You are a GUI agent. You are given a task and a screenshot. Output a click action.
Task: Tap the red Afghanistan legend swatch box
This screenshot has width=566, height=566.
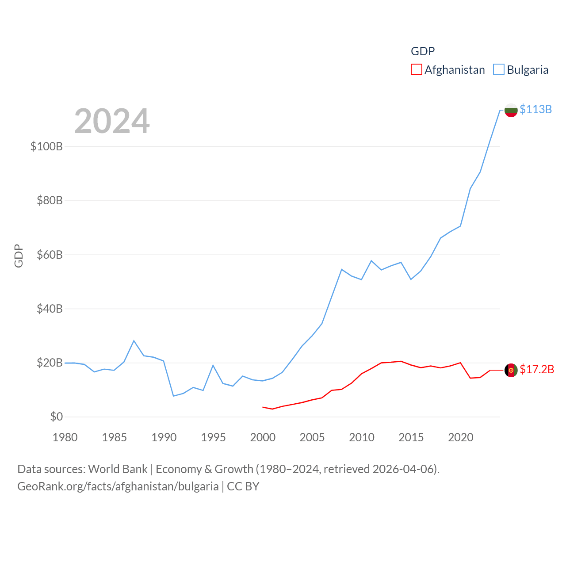pyautogui.click(x=417, y=70)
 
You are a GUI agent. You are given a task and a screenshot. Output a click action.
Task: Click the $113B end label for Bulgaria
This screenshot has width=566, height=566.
pyautogui.click(x=535, y=109)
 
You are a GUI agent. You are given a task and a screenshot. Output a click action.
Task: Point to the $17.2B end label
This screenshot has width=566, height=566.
pyautogui.click(x=537, y=369)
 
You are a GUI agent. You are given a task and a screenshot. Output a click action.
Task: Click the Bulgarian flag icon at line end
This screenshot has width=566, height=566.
pyautogui.click(x=511, y=110)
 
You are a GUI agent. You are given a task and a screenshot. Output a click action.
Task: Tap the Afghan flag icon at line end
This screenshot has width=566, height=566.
pyautogui.click(x=511, y=370)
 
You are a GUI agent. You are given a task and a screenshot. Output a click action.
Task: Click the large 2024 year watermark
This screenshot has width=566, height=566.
pyautogui.click(x=112, y=121)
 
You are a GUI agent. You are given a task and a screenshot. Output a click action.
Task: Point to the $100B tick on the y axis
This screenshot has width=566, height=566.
pyautogui.click(x=46, y=146)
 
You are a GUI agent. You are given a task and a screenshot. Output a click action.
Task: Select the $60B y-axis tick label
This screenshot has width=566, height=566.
pyautogui.click(x=50, y=255)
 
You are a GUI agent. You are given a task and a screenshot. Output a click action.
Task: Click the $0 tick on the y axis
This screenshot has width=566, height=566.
pyautogui.click(x=56, y=417)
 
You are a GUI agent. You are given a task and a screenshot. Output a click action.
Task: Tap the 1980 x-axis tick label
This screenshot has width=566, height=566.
pyautogui.click(x=65, y=437)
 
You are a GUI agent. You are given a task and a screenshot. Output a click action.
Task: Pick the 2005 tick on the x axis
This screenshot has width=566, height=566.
pyautogui.click(x=312, y=437)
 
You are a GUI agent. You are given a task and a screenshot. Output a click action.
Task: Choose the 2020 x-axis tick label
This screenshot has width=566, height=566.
pyautogui.click(x=460, y=437)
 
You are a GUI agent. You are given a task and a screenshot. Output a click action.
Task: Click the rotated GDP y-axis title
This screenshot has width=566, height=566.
pyautogui.click(x=19, y=256)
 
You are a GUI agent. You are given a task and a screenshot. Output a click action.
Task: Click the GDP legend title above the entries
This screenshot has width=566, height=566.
pyautogui.click(x=423, y=51)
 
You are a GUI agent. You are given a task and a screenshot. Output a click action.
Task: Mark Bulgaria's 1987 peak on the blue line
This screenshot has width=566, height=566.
pyautogui.click(x=134, y=340)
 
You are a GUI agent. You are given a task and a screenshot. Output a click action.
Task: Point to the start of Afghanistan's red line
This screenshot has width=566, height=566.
pyautogui.click(x=263, y=407)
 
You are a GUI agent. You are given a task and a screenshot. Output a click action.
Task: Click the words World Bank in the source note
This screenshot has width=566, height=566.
pyautogui.click(x=118, y=469)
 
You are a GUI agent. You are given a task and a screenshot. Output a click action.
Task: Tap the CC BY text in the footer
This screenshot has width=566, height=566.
pyautogui.click(x=243, y=486)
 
